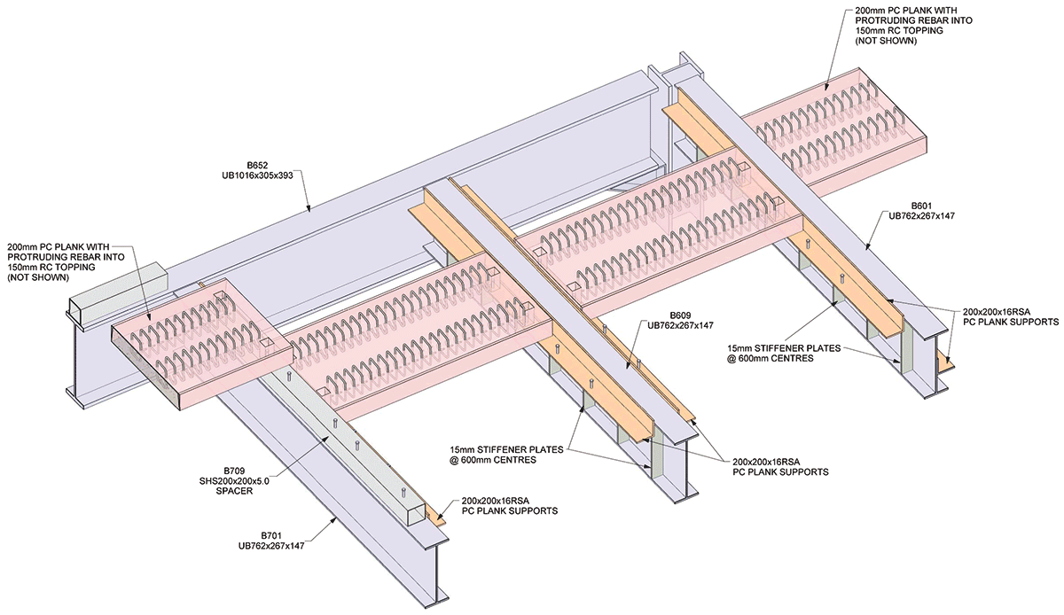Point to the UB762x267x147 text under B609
[680, 326]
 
